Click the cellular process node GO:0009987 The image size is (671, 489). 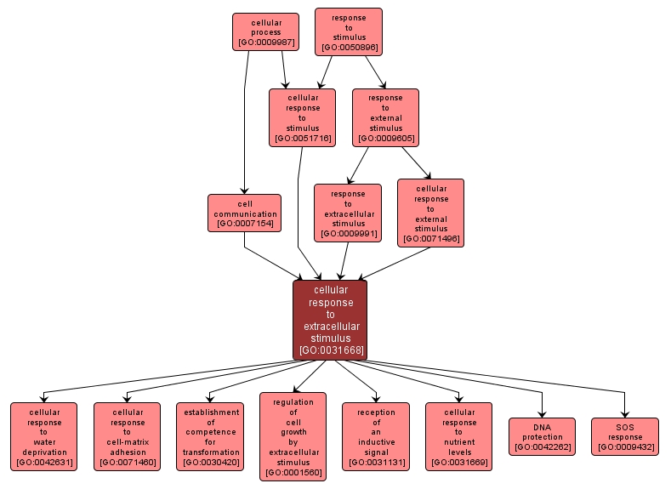265,31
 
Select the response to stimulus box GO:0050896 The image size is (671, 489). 349,31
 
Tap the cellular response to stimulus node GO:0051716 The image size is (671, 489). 302,117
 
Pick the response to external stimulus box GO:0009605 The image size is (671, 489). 385,117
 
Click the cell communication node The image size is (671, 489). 244,213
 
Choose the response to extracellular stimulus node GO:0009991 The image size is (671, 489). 347,213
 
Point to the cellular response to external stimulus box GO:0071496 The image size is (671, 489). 430,213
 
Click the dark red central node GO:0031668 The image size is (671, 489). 330,320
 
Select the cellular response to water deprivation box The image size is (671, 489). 43,436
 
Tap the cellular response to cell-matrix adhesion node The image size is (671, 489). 127,436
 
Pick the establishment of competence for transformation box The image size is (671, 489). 210,436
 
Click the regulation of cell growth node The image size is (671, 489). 293,436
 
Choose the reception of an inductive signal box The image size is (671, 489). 376,436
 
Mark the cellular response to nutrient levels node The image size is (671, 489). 458,436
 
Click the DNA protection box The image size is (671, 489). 542,436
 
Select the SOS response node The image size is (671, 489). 625,436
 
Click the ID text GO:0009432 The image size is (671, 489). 625,446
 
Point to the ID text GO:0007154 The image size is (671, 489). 244,224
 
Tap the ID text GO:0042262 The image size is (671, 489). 542,446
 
